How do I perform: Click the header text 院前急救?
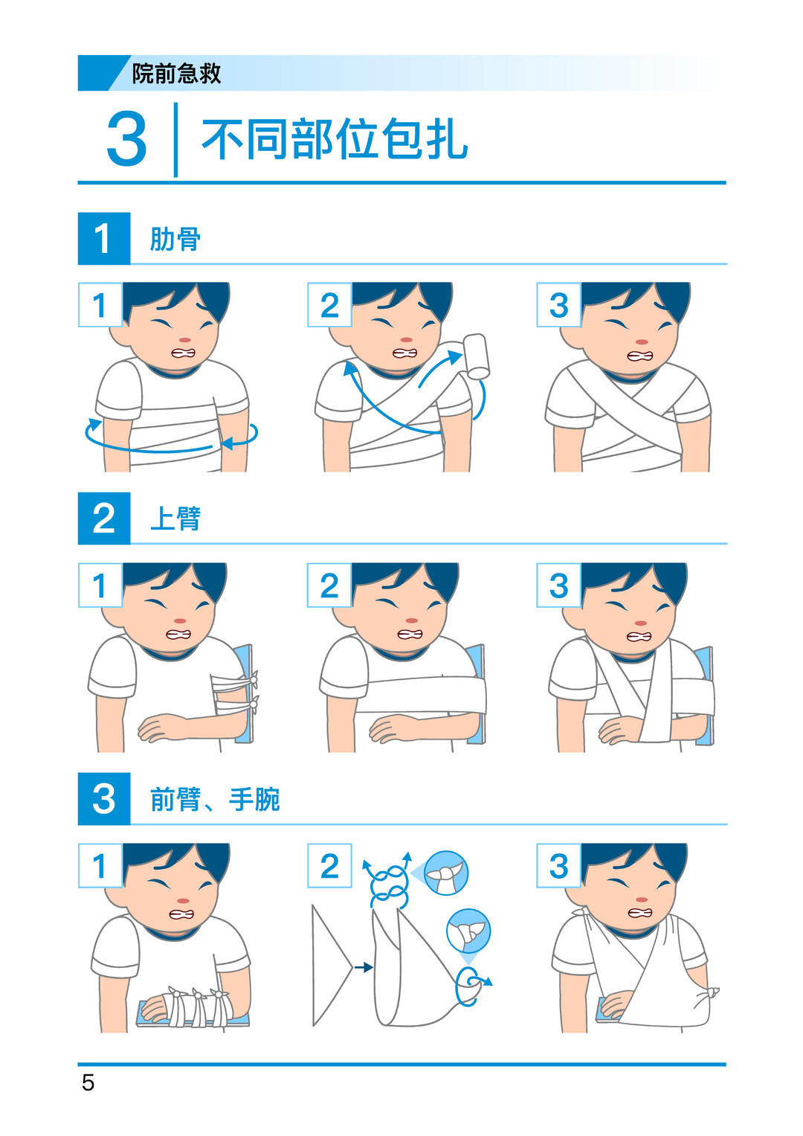tap(176, 74)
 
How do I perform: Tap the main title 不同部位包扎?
tap(335, 139)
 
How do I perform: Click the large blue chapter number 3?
tap(126, 138)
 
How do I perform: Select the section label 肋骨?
tap(175, 239)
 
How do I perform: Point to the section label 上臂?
tap(175, 519)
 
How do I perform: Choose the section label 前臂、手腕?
tap(214, 799)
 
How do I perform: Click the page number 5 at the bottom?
tap(88, 1082)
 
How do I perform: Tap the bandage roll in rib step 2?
tap(477, 356)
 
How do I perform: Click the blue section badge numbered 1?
tap(104, 238)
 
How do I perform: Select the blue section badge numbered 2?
tap(104, 519)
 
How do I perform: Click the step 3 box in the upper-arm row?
tap(558, 585)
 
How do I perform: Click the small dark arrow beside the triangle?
tap(364, 968)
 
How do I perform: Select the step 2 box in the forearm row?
tap(329, 866)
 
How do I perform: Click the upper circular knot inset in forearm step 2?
tap(446, 873)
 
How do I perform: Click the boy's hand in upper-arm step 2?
tap(391, 729)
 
